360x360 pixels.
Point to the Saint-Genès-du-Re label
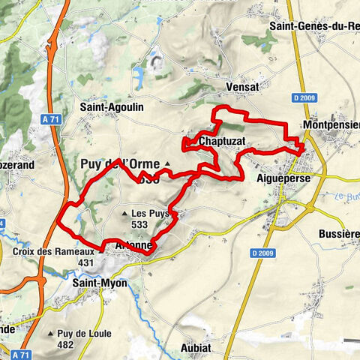click(x=314, y=26)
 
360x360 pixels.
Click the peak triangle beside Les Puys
click(x=126, y=213)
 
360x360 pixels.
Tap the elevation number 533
click(x=139, y=223)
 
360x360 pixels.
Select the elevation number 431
click(x=85, y=263)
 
